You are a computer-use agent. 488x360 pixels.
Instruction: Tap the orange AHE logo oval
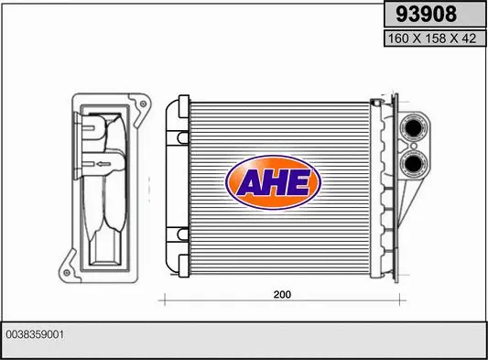[x=273, y=180]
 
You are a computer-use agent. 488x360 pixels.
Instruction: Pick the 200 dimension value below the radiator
[x=282, y=296]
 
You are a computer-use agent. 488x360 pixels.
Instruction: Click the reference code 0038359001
[x=36, y=335]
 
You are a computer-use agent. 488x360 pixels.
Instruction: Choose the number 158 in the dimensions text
[x=428, y=39]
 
